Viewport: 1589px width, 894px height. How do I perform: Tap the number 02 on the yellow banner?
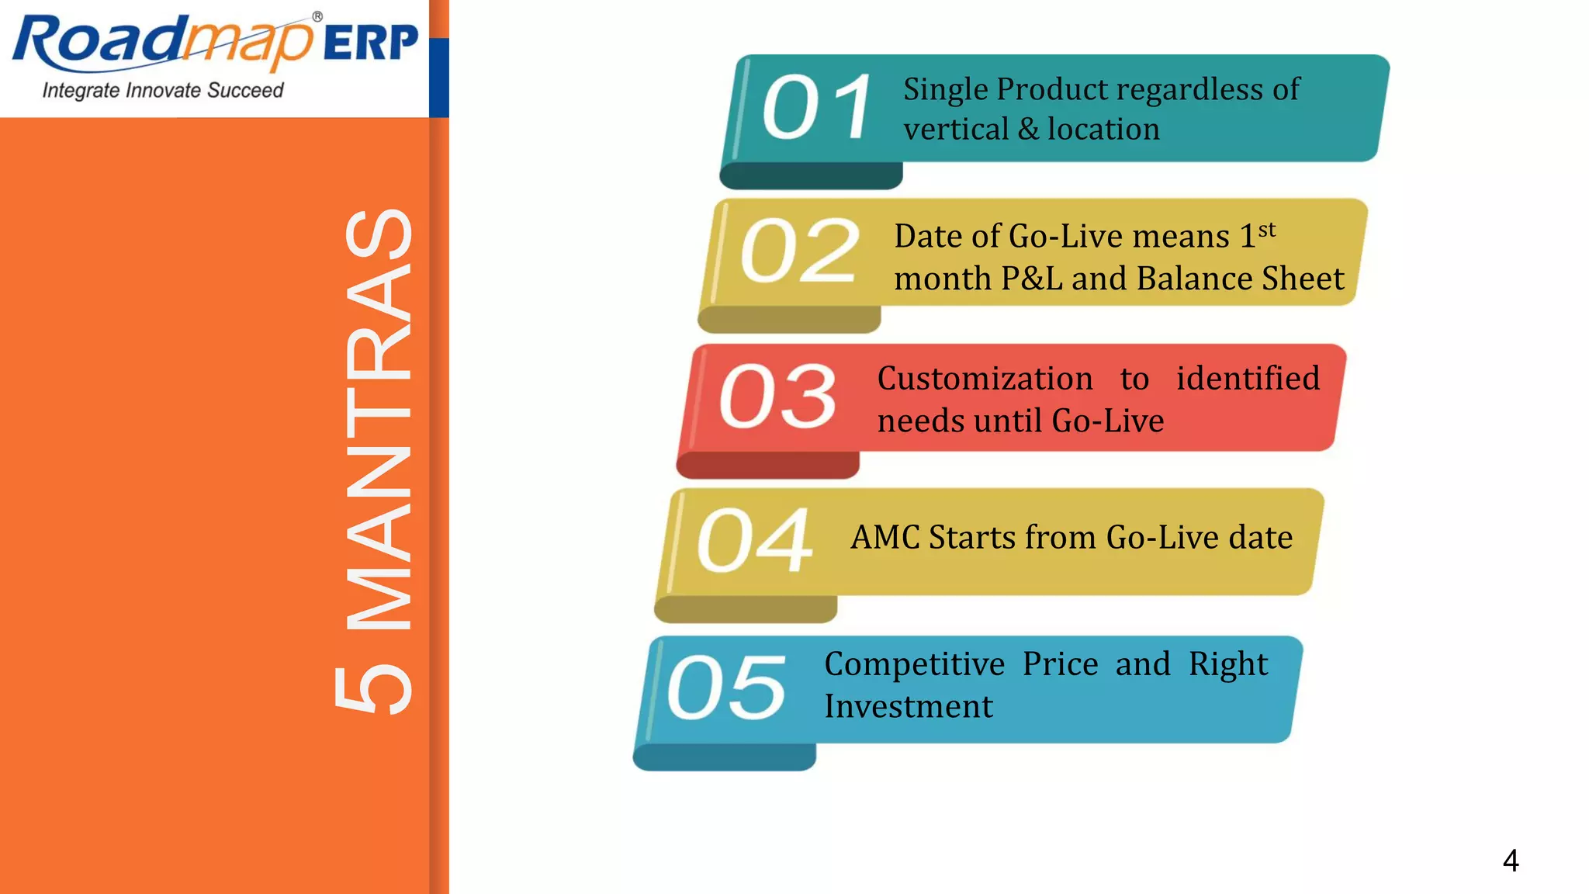[x=800, y=250]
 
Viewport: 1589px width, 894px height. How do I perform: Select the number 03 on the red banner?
[x=778, y=396]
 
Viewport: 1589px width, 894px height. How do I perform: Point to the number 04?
[x=755, y=540]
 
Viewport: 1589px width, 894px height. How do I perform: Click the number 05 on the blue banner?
[x=726, y=686]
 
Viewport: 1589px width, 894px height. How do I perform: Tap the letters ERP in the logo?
[x=370, y=43]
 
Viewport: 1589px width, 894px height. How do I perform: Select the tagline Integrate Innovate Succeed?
[x=163, y=91]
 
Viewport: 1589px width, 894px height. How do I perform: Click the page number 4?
[x=1510, y=860]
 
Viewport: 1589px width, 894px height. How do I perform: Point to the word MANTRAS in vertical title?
[x=379, y=419]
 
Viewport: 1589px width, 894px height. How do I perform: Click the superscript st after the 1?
[x=1267, y=230]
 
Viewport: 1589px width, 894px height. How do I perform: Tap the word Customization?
[x=985, y=379]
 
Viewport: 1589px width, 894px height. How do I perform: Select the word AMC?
[x=885, y=537]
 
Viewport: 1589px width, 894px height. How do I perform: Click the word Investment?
[x=908, y=706]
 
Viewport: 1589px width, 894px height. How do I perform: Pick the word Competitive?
[x=914, y=664]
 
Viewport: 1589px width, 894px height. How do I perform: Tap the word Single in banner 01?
[x=945, y=90]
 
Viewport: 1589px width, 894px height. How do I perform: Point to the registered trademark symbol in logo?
[x=317, y=16]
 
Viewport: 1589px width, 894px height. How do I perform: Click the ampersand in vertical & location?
[x=1028, y=129]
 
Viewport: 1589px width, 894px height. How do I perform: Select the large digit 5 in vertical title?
[x=373, y=688]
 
